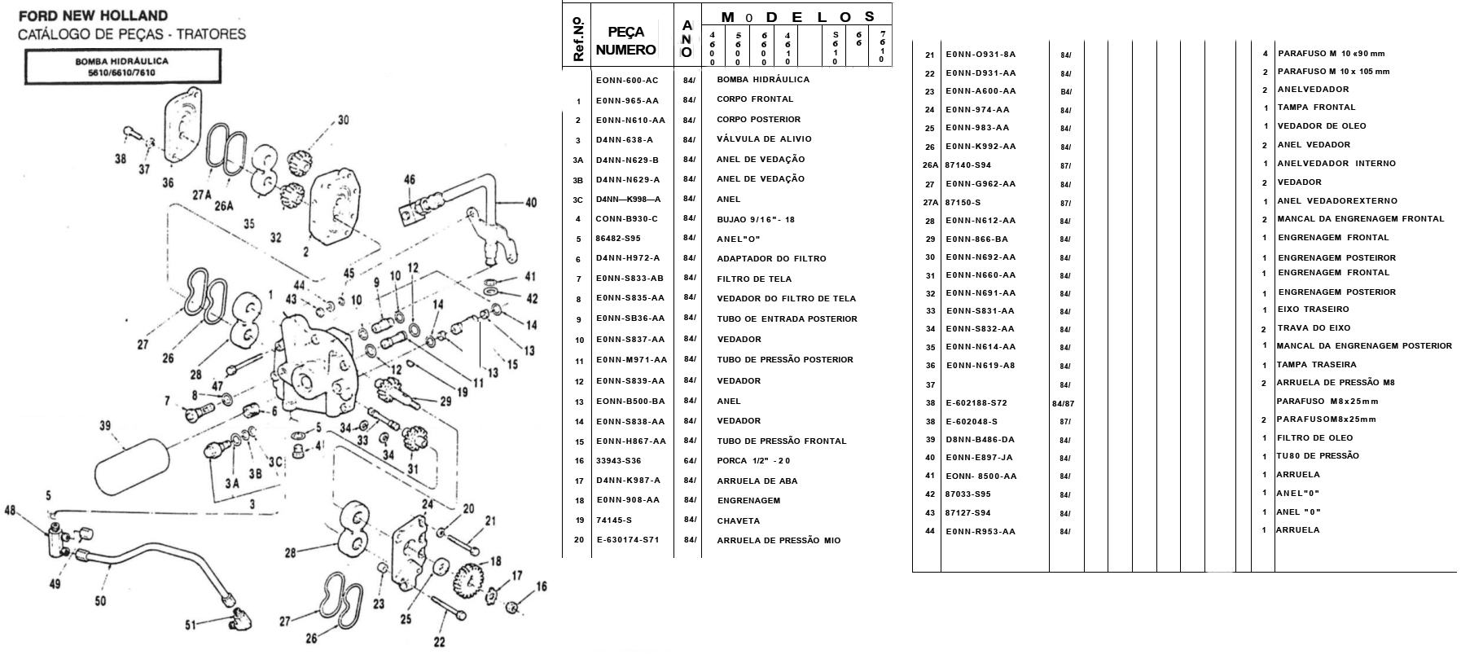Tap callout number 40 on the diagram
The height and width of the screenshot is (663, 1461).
tap(530, 202)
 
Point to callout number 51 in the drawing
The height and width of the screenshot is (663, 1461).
tap(190, 626)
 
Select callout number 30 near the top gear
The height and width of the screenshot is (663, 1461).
tap(344, 120)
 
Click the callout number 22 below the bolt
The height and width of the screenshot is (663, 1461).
tap(439, 642)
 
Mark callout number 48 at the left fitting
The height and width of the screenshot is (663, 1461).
tap(10, 511)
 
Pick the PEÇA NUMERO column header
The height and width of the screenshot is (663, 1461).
tap(625, 41)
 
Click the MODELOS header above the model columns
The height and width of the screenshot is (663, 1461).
tap(797, 16)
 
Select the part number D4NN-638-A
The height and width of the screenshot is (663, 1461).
tap(624, 140)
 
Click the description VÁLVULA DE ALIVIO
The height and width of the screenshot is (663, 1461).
tap(764, 139)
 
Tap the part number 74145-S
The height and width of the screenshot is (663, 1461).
tap(613, 520)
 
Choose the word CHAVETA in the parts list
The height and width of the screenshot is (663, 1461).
tap(738, 521)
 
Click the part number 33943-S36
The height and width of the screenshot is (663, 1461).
tap(618, 461)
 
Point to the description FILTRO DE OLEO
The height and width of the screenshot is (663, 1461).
tap(1314, 438)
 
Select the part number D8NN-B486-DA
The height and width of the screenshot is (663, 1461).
tap(980, 440)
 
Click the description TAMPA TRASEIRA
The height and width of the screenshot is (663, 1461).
tap(1317, 365)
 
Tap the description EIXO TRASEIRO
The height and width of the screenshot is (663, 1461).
tap(1313, 310)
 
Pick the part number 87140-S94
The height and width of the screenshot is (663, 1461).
tap(968, 165)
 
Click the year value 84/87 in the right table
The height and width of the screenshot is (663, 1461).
tap(1064, 403)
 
